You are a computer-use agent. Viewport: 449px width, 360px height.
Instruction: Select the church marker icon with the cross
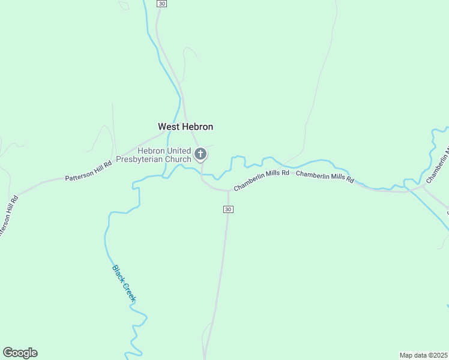[201, 154]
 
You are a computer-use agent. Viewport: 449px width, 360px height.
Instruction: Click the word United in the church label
[178, 151]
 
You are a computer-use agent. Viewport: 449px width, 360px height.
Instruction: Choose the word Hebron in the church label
[152, 151]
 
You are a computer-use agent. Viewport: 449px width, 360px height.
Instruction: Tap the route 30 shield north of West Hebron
[161, 4]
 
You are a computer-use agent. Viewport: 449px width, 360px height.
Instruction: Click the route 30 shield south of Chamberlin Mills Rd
[228, 209]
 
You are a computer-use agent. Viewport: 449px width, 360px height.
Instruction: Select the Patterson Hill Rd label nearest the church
[88, 171]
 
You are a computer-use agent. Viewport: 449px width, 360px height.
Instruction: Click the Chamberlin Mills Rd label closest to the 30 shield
[262, 180]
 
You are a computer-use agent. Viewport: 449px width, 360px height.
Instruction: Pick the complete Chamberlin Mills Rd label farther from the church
[325, 178]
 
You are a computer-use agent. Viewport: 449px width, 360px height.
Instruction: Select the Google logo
[20, 353]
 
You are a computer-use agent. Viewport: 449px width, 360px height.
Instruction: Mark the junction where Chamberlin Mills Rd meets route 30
[229, 191]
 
